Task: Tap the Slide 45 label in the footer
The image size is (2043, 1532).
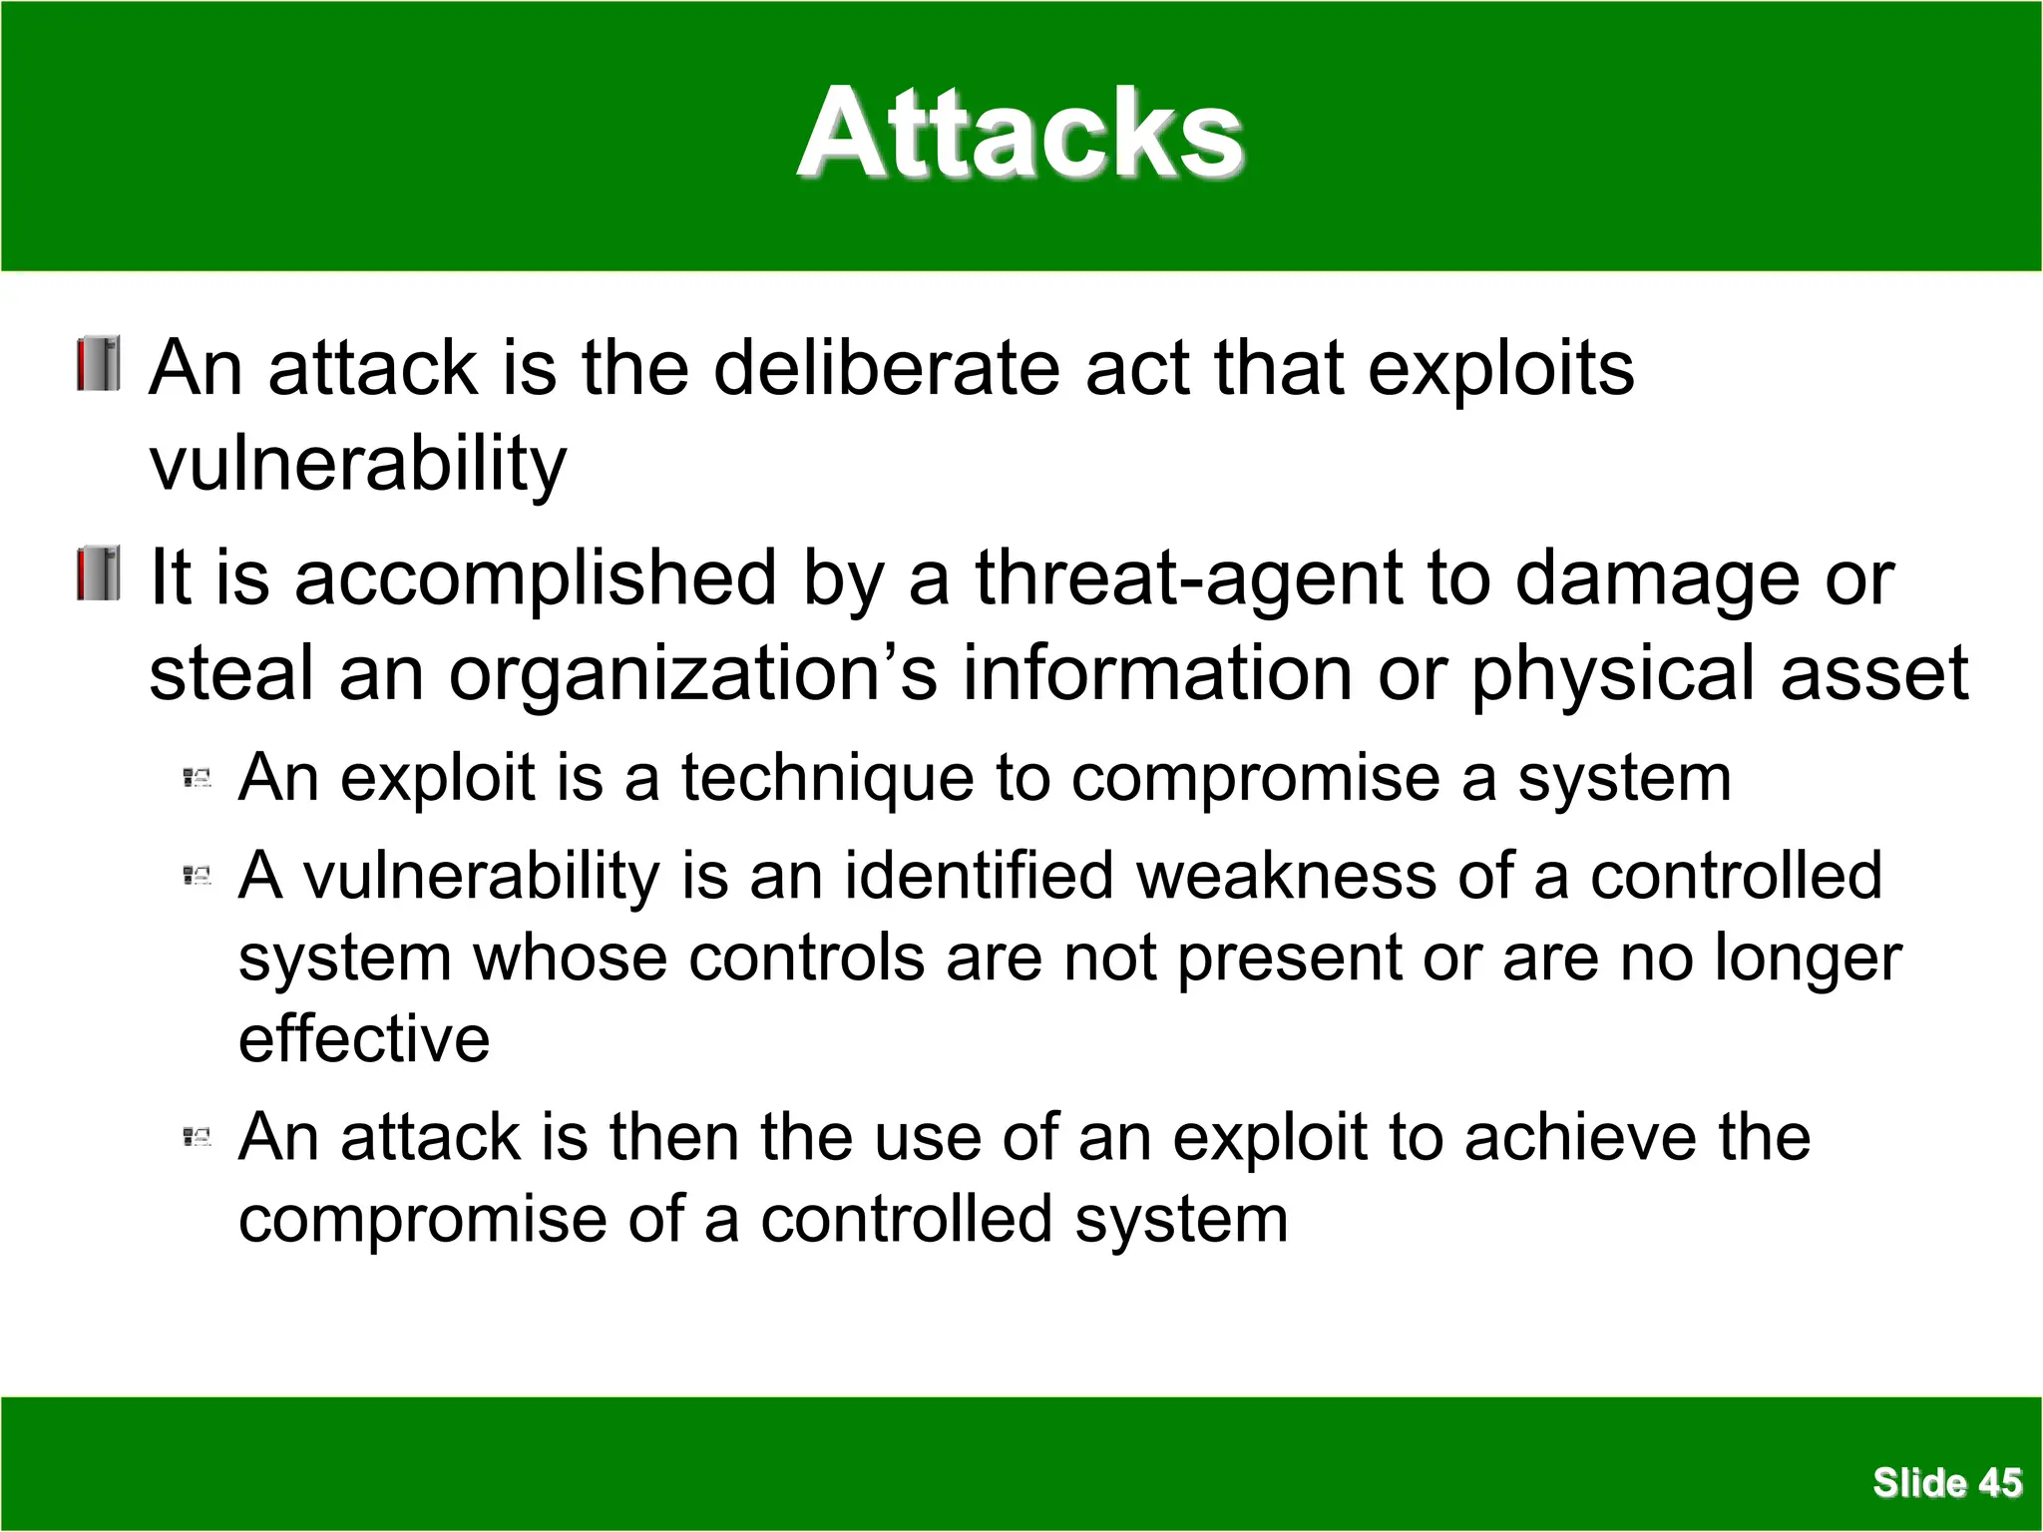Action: pos(1946,1483)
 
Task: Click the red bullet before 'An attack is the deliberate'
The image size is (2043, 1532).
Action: pos(99,364)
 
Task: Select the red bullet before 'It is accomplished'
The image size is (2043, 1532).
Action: pos(99,574)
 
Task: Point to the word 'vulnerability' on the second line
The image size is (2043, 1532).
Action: pos(357,464)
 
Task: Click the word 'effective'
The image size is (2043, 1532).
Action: pos(364,1039)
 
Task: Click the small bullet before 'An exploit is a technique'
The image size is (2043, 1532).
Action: pos(198,778)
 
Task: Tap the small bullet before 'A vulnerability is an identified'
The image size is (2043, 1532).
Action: pos(198,877)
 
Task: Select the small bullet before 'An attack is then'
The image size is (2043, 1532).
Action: pos(198,1137)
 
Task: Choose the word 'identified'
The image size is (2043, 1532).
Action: pos(979,876)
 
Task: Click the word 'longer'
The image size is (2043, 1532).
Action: pos(1808,959)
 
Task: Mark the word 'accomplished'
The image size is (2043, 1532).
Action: pos(536,578)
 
